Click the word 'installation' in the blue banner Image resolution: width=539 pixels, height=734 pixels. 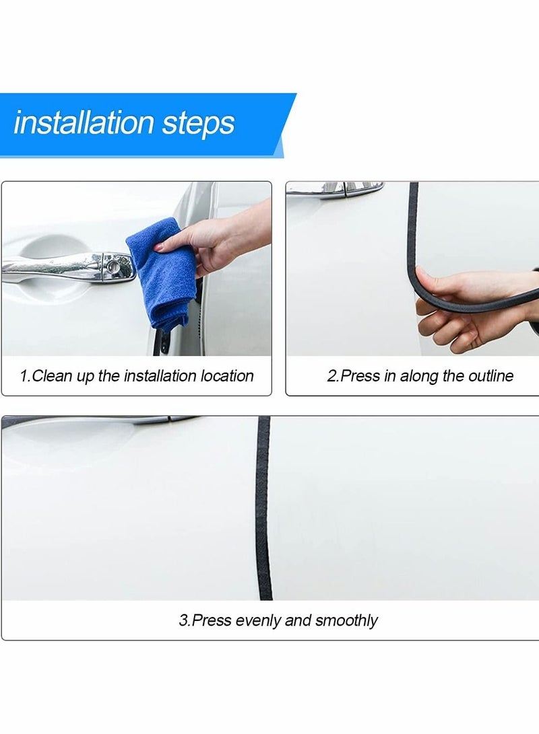84,123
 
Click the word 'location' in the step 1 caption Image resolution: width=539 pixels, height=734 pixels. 227,375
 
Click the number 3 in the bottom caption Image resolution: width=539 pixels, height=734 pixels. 183,620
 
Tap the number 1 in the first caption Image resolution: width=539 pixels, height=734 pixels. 24,375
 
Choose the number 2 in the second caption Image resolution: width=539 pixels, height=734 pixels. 331,375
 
